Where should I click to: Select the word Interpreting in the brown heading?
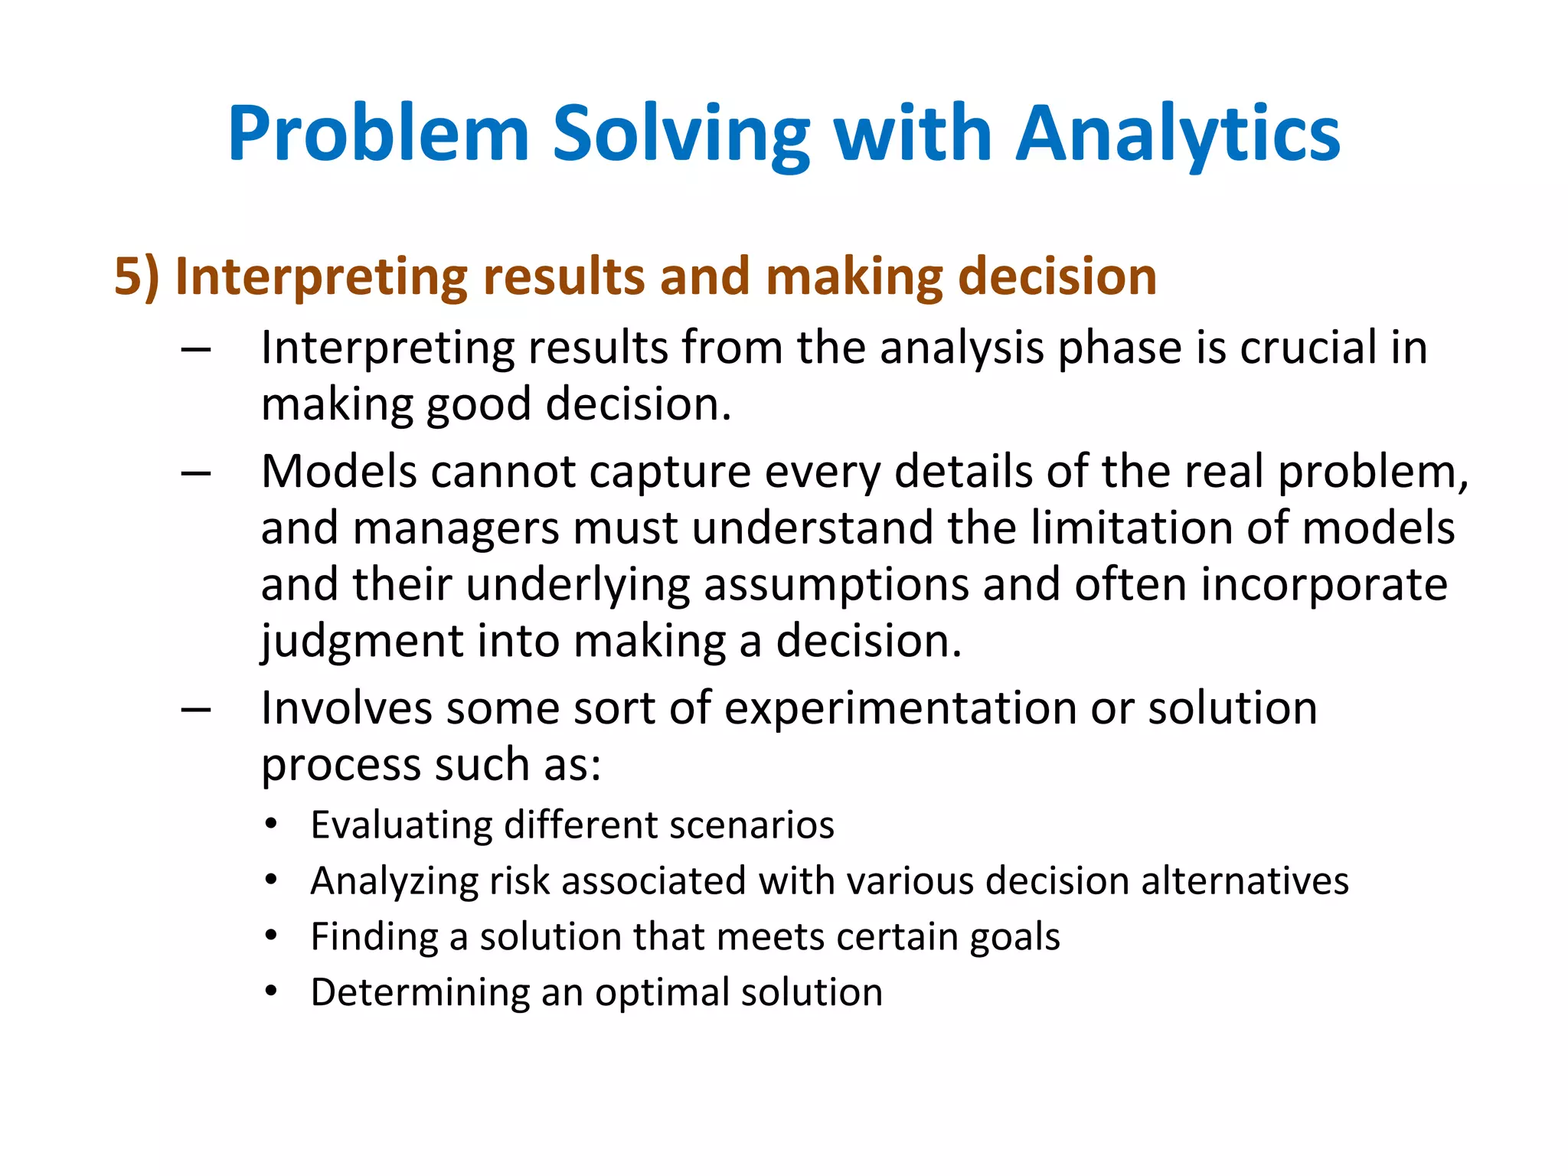(321, 277)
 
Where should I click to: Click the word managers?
(456, 528)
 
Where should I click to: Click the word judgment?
(362, 642)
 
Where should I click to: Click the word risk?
(519, 880)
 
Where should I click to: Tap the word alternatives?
(1245, 880)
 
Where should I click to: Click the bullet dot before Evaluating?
(271, 825)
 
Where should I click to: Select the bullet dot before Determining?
(271, 991)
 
